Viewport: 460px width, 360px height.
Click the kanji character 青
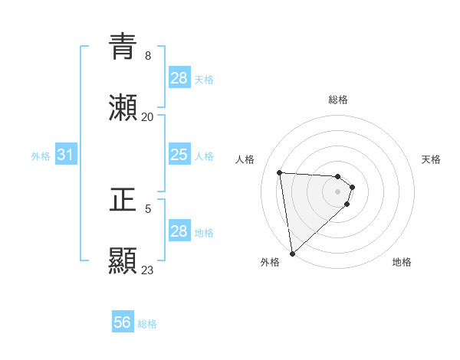[123, 47]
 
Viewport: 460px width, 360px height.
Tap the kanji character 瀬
[123, 109]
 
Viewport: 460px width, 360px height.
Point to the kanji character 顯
[123, 261]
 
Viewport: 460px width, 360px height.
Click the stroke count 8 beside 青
[148, 55]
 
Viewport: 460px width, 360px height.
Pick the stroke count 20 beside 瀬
[148, 116]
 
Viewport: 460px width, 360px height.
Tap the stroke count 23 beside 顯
[148, 270]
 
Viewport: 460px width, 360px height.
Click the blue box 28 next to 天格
[179, 78]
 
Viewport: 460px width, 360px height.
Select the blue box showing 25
[179, 155]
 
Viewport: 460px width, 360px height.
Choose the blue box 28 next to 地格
[179, 231]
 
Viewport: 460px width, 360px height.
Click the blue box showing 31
[66, 155]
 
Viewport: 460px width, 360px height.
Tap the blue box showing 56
[122, 322]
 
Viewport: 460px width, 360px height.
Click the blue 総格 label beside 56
[147, 324]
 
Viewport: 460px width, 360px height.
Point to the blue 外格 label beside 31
[41, 156]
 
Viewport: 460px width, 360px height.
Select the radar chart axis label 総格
[338, 100]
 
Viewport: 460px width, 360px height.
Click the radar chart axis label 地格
[402, 262]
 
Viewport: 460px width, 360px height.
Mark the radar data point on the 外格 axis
[292, 253]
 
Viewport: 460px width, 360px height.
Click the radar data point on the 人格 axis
[280, 172]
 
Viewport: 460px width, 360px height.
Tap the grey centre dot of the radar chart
[338, 191]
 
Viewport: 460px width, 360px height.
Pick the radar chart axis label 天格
[432, 159]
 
